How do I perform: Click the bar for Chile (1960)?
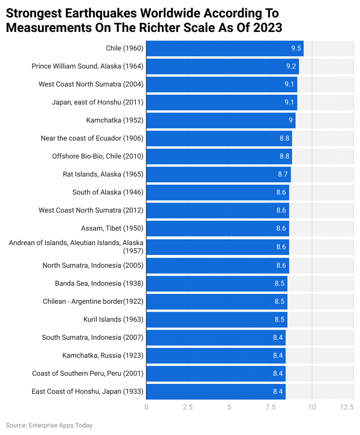point(225,48)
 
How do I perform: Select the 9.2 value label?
point(291,66)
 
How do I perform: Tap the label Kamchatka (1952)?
point(115,120)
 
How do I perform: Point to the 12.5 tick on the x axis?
point(346,407)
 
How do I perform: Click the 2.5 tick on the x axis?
point(187,407)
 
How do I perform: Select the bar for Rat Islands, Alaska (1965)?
point(218,174)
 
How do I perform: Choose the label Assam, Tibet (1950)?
point(112,228)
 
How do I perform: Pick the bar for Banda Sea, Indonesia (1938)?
point(217,283)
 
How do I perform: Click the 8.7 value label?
point(283,174)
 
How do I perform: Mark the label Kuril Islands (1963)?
point(113,319)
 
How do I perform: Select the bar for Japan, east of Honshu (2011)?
point(221,102)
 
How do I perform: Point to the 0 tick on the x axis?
point(146,407)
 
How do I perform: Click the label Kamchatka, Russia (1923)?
point(103,355)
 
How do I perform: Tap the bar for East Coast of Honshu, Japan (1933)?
point(216,391)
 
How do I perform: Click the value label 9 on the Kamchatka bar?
point(291,120)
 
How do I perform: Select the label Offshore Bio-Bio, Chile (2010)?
point(97,156)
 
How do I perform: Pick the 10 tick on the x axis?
point(312,407)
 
